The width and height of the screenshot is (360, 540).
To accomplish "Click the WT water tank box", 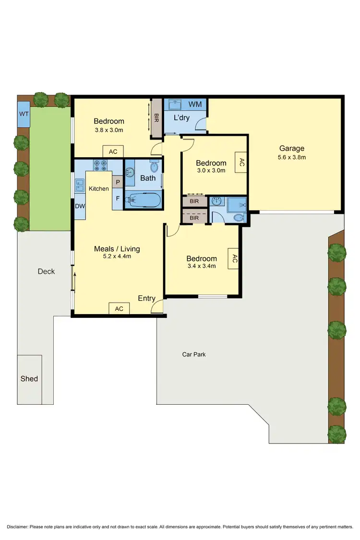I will pos(23,114).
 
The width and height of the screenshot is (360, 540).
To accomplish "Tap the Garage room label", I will pos(291,149).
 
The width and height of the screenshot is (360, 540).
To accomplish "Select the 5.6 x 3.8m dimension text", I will pos(291,157).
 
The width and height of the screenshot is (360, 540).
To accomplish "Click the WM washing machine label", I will pos(195,104).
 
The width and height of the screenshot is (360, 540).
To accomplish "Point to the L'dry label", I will pos(181,117).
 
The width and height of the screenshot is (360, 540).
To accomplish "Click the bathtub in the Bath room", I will pos(143,200).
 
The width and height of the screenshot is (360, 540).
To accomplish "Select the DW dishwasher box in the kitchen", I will pos(80,206).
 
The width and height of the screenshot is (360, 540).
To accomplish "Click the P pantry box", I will pos(118,182).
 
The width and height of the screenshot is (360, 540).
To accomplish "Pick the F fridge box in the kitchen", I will pos(118,198).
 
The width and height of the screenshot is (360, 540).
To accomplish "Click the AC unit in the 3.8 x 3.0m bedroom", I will pos(113,152).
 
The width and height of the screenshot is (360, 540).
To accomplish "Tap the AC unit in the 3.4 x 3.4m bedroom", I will pos(234,259).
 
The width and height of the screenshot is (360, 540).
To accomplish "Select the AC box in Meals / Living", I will pos(119,309).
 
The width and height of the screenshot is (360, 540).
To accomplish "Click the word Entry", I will pos(146,298).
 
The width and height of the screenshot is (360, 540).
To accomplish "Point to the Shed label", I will pos(29,379).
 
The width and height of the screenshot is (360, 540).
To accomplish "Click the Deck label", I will pos(46,271).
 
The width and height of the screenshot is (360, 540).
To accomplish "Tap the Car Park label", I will pos(194,354).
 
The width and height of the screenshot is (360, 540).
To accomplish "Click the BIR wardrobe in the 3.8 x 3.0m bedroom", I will pos(156,117).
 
